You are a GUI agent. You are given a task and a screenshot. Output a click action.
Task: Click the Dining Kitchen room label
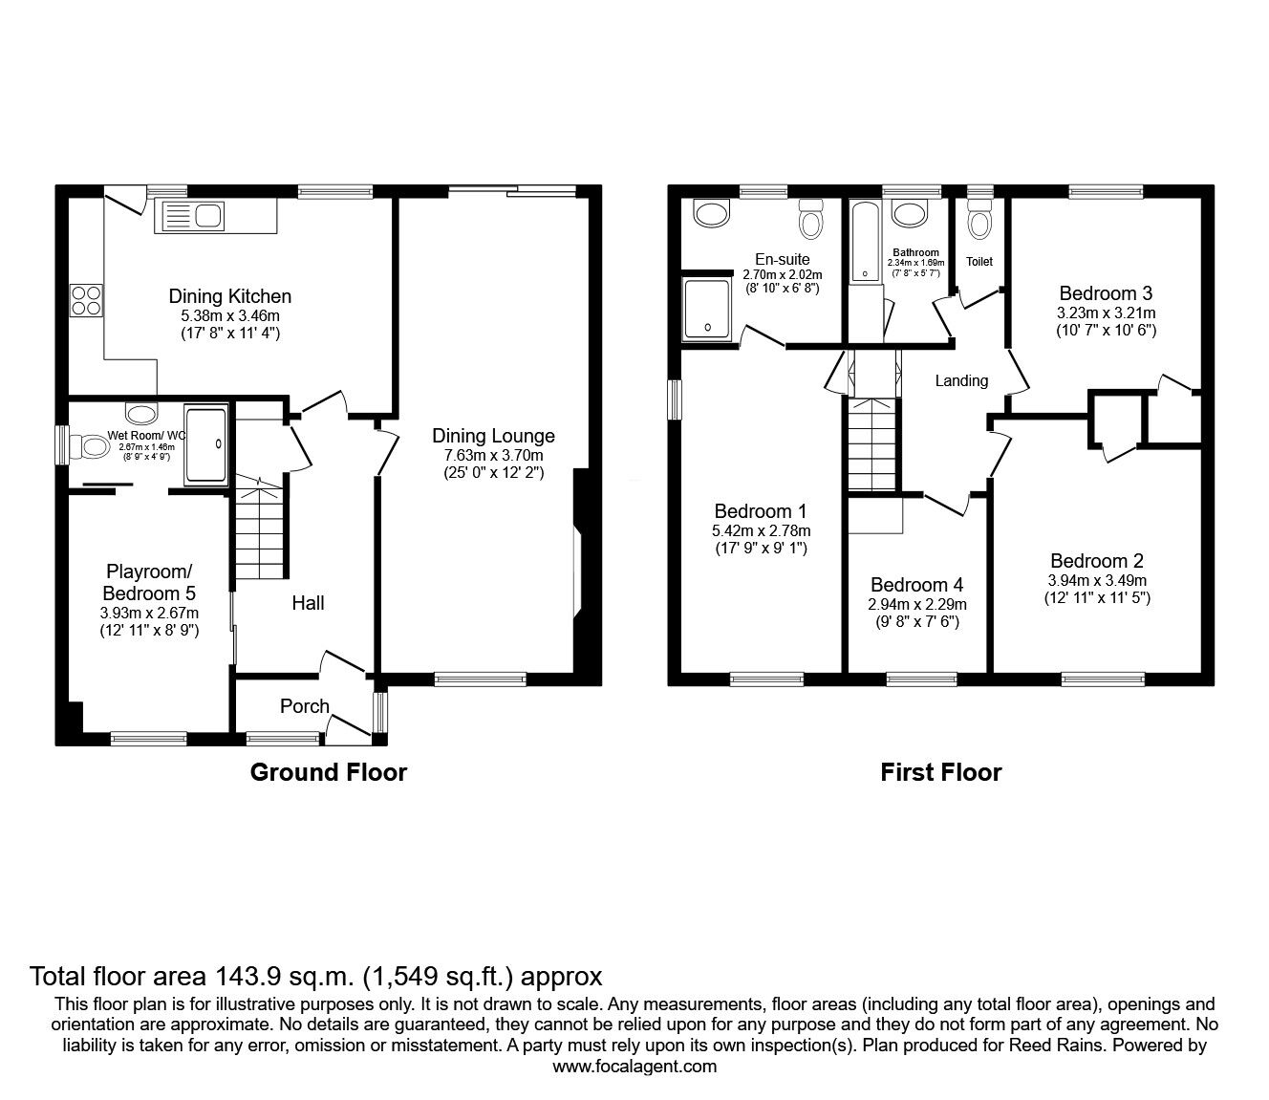click(x=229, y=296)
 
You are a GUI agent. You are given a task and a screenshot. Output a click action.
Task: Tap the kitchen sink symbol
click(x=194, y=217)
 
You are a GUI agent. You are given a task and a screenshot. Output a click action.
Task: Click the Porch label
click(x=304, y=706)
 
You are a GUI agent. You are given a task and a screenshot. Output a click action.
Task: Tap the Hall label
click(x=308, y=603)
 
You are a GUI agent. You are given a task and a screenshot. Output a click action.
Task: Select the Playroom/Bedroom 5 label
click(x=149, y=582)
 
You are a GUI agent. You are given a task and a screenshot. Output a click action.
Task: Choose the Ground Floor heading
click(x=328, y=772)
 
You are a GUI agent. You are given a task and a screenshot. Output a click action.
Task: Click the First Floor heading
click(x=940, y=772)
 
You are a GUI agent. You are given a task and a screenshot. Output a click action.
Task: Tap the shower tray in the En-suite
click(x=707, y=310)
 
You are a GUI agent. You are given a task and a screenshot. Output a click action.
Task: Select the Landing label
click(x=960, y=380)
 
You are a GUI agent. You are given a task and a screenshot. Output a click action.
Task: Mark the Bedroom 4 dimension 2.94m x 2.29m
click(x=916, y=604)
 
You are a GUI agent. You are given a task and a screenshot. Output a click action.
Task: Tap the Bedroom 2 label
click(x=1096, y=561)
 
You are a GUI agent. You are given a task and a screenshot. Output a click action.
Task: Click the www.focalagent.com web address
click(x=634, y=1067)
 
